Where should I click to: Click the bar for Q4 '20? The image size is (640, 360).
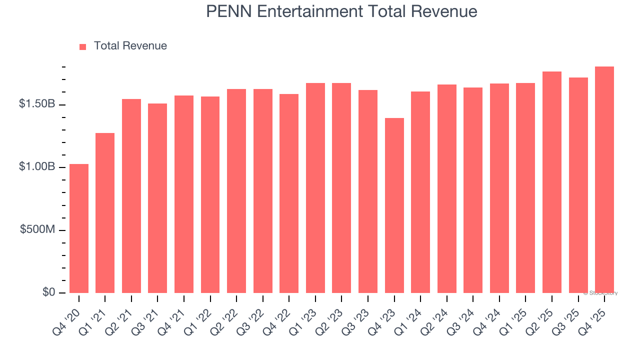coord(79,228)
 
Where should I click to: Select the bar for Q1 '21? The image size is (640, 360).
coord(105,213)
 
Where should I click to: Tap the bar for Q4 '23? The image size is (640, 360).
coord(394,205)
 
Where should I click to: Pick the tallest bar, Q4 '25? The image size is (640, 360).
coord(604,180)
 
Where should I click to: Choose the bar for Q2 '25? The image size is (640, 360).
coord(552,182)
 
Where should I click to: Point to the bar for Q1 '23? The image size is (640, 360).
coord(315,188)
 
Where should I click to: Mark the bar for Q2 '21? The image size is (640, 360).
coord(131,196)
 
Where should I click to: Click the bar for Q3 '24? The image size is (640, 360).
coord(473,190)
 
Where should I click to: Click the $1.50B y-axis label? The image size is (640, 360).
coord(37,104)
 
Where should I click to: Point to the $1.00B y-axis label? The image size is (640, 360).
coord(37,166)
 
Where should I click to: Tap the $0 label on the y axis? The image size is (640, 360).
coord(48,292)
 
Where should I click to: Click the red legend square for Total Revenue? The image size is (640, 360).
coord(83,46)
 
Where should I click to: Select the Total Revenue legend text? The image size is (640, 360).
coord(130,46)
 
